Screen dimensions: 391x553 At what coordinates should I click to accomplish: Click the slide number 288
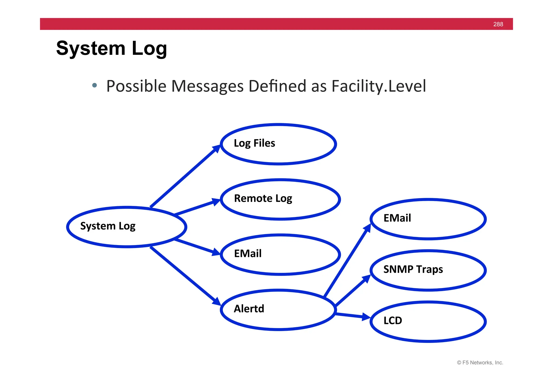[x=498, y=24]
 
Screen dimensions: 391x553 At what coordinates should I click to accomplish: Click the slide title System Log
[x=112, y=49]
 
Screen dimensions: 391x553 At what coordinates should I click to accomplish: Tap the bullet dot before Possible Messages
[x=94, y=86]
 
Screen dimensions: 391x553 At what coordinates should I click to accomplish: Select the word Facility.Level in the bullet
[x=379, y=86]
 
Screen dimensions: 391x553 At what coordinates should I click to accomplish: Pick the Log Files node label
[x=254, y=143]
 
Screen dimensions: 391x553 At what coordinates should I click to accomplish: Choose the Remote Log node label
[x=263, y=199]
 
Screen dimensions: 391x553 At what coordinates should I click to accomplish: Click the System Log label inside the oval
[x=108, y=226]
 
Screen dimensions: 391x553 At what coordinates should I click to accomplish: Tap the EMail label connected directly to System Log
[x=248, y=254]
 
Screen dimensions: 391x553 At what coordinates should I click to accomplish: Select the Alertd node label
[x=249, y=309]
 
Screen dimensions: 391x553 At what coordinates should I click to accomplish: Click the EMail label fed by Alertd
[x=397, y=218]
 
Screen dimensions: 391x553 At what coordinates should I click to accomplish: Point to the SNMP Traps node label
[x=413, y=269]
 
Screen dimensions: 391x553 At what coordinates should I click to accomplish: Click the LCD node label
[x=393, y=321]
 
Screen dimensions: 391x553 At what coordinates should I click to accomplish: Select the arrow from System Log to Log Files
[x=185, y=176]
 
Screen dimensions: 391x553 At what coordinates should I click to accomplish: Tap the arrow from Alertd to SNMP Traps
[x=353, y=291]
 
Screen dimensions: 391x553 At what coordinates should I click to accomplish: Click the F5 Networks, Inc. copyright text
[x=480, y=363]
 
